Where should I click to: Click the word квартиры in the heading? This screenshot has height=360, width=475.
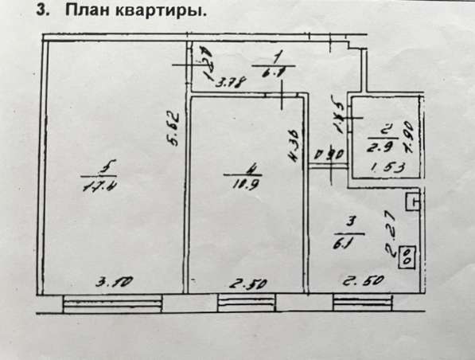coord(159,13)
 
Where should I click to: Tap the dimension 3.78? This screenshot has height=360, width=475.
coord(231,80)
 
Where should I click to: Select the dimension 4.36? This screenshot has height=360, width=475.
coord(294,146)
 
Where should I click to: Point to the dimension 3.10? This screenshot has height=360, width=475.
coord(113,281)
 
